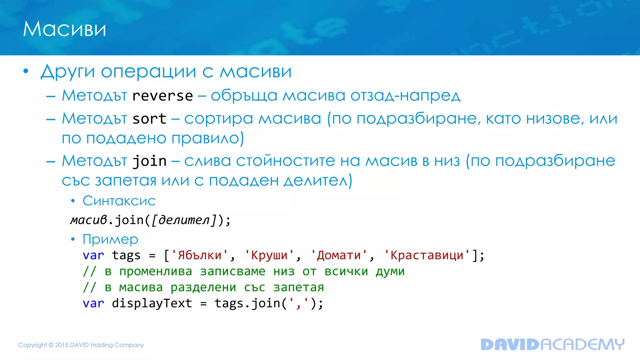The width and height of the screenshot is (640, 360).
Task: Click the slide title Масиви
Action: pos(64,29)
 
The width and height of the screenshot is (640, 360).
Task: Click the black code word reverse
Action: pos(162,96)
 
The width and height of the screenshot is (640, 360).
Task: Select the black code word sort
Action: pos(149,119)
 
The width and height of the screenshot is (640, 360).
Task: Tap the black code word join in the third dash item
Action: pos(149,161)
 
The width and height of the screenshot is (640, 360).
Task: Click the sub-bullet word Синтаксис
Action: pos(119,201)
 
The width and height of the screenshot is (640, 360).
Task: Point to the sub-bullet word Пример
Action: pos(110,239)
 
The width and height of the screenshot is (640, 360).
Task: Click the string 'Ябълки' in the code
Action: pos(199,255)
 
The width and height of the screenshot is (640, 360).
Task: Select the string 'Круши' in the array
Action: pos(269,255)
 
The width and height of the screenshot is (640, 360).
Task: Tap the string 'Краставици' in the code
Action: pos(427,255)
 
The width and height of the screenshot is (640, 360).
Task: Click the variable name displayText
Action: pos(152,303)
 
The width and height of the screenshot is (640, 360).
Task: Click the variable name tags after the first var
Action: pos(126,256)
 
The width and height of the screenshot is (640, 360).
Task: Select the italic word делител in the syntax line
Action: pos(184,220)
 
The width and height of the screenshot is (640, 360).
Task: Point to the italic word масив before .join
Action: pos(89,220)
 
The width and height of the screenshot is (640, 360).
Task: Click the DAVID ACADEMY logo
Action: pos(552,344)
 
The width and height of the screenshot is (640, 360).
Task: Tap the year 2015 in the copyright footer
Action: pos(62,345)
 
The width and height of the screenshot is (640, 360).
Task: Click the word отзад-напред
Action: pos(405,96)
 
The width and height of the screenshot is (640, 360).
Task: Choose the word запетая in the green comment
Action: pos(298,287)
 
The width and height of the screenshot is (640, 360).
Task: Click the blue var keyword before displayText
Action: pos(93,303)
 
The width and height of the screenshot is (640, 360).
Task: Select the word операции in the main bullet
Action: pos(148,72)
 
